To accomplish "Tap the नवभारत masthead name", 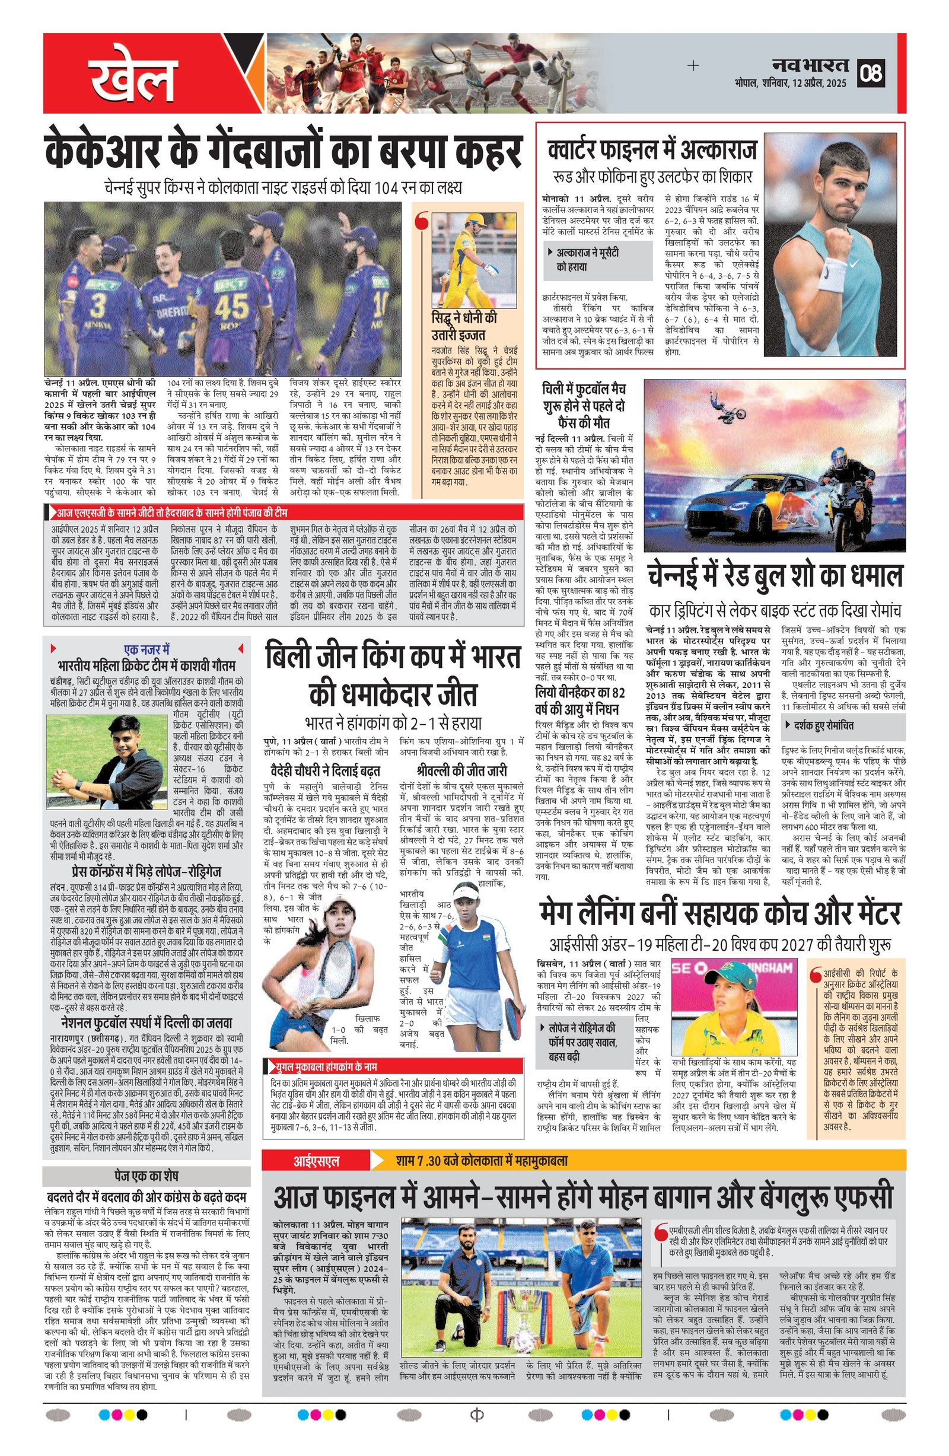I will click(810, 64).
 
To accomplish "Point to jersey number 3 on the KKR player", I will click(98, 306).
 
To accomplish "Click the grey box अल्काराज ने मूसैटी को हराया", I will click(598, 259).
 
